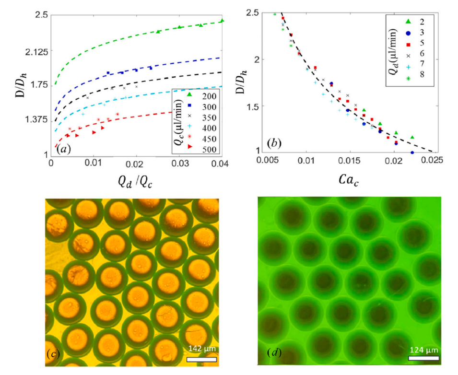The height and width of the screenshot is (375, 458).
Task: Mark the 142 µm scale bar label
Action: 201,348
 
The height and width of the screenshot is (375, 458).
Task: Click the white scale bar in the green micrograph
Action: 424,358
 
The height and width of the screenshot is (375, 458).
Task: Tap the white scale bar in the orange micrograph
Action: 201,358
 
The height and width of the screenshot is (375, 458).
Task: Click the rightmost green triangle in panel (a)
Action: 222,21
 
